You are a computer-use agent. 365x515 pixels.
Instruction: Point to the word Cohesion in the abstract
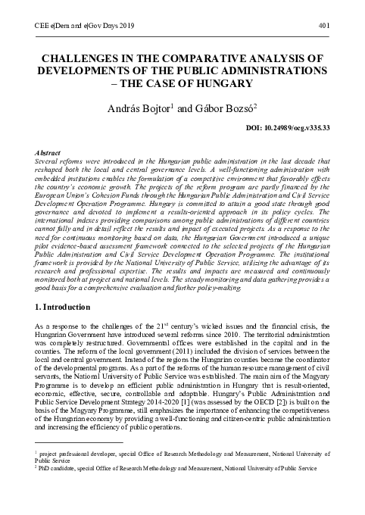(110, 194)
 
